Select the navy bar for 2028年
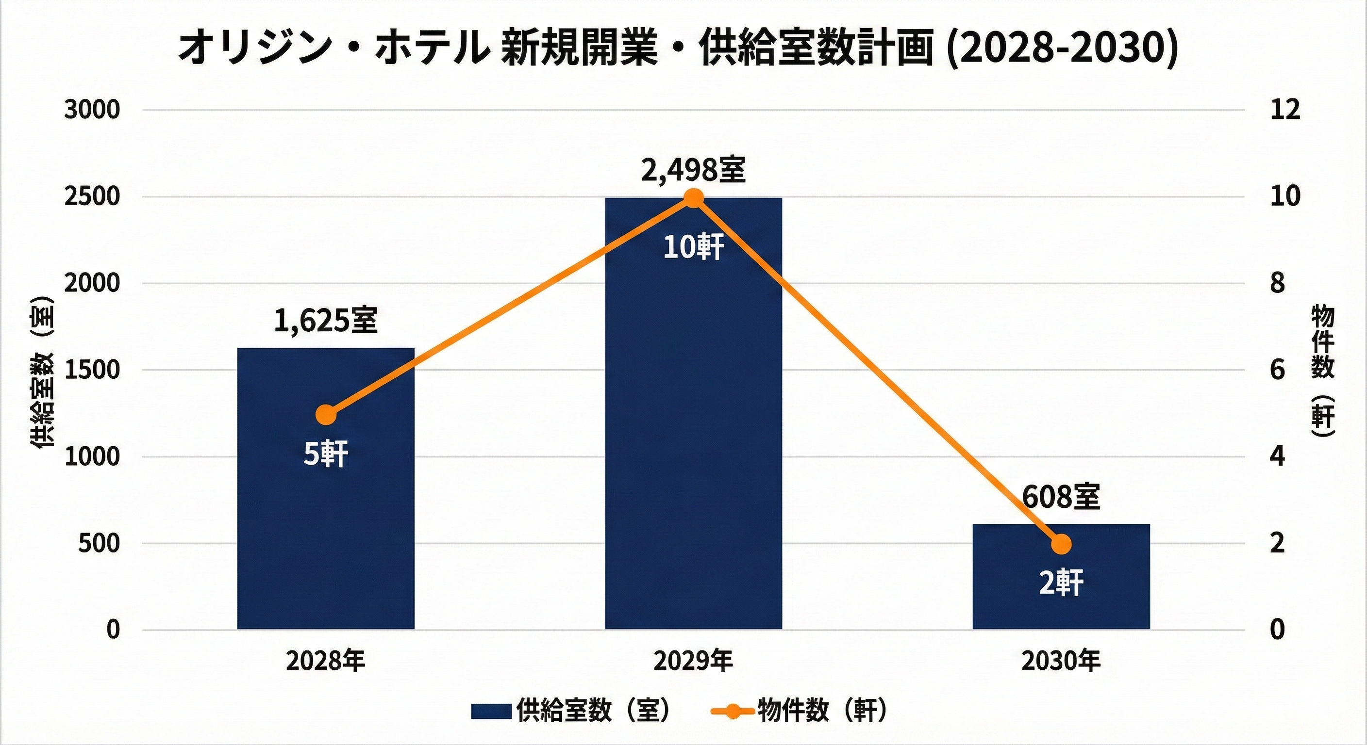[x=325, y=530]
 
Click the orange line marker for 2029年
[x=693, y=199]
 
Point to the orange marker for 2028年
[x=326, y=415]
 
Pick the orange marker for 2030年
[x=1061, y=544]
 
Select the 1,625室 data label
[x=325, y=321]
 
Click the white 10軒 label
[x=693, y=247]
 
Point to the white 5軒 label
[x=325, y=455]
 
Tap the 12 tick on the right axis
[x=1285, y=110]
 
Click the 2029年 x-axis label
[x=693, y=661]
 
